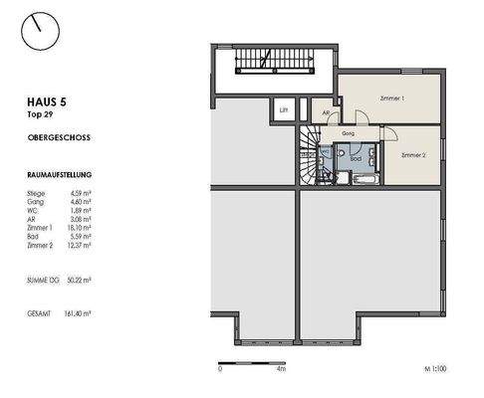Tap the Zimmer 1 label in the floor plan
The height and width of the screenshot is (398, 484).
point(392,99)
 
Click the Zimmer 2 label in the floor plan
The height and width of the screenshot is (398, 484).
point(413,156)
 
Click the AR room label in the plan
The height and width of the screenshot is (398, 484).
point(325,113)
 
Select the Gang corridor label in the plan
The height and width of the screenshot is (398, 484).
point(349,131)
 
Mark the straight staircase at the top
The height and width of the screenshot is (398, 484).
point(263,65)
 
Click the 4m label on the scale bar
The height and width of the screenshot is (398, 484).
point(282,368)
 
